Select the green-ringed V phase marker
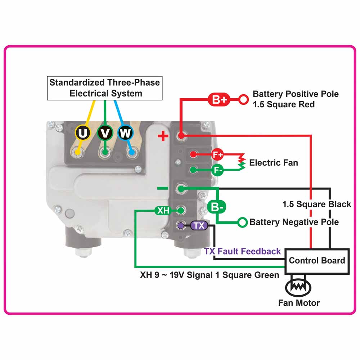pyautogui.click(x=105, y=133)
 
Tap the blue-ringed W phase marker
pyautogui.click(x=125, y=133)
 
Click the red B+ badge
pyautogui.click(x=219, y=100)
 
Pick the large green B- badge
pyautogui.click(x=217, y=207)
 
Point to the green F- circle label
pyautogui.click(x=217, y=170)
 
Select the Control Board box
pyautogui.click(x=317, y=261)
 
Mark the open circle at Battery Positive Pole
pyautogui.click(x=244, y=100)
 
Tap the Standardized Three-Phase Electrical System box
pyautogui.click(x=105, y=88)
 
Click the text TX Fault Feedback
pyautogui.click(x=242, y=251)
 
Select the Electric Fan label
pyautogui.click(x=274, y=162)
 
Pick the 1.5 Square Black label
pyautogui.click(x=316, y=204)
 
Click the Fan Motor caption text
pyautogui.click(x=299, y=303)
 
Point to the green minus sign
pyautogui.click(x=163, y=188)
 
